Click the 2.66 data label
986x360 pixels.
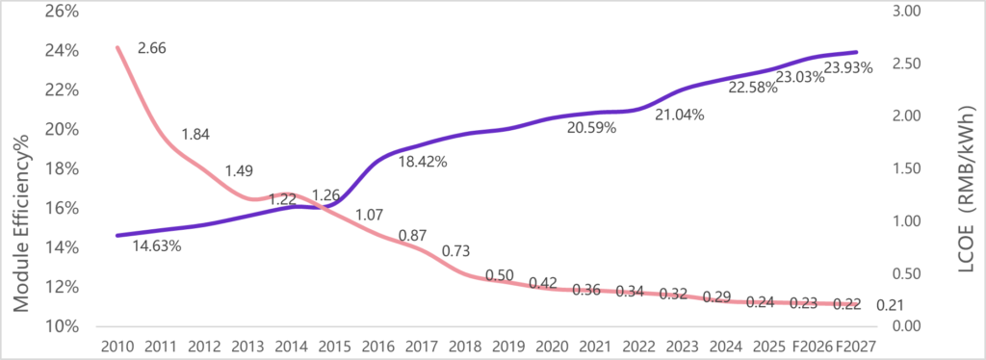(x=152, y=47)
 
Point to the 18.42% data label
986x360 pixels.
(x=423, y=162)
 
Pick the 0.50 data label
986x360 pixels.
(x=499, y=275)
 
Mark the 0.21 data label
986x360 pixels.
(x=891, y=306)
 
